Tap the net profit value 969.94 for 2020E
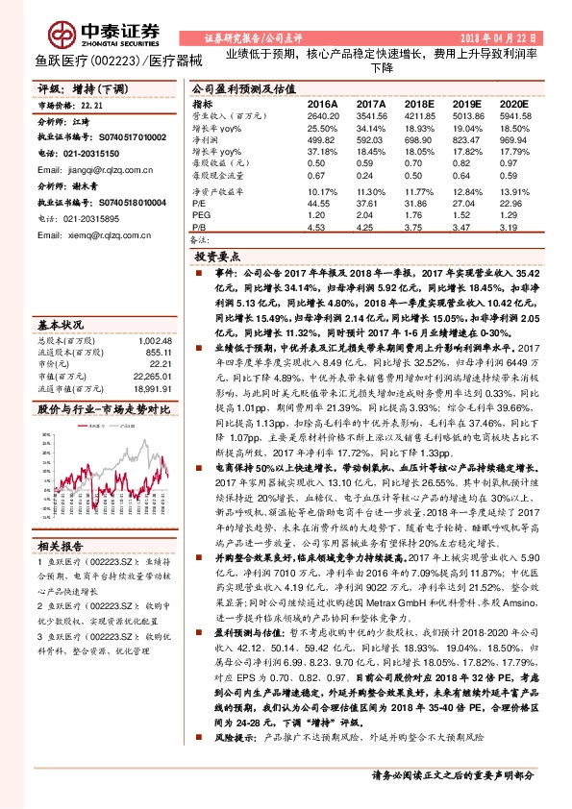point(515,139)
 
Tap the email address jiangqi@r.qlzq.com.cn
point(88,168)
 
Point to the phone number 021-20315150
point(85,153)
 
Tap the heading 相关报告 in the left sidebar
point(62,543)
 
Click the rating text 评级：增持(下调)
point(75,87)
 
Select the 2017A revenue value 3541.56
point(370,114)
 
